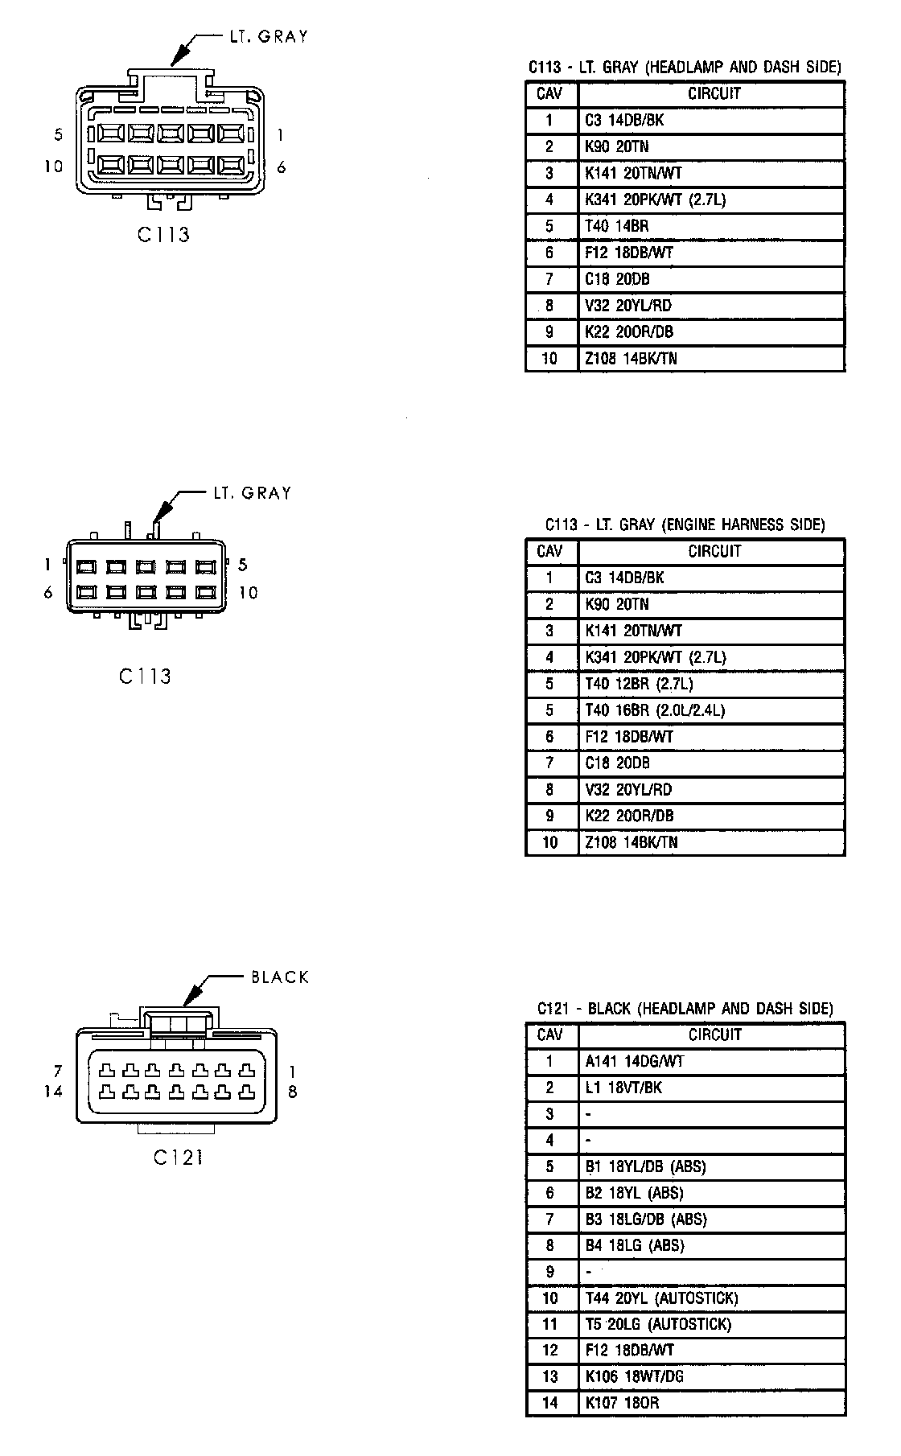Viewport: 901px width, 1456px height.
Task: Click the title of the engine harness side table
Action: (x=685, y=525)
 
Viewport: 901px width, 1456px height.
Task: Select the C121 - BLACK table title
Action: (x=685, y=1009)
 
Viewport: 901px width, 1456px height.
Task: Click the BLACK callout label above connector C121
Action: (x=279, y=977)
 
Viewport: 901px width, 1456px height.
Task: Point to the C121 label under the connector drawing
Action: (x=178, y=1158)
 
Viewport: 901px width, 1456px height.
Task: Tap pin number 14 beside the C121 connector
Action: (x=54, y=1092)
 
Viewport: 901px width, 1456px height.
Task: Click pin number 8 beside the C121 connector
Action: (x=292, y=1092)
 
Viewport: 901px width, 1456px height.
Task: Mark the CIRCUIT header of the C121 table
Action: (x=714, y=1034)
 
